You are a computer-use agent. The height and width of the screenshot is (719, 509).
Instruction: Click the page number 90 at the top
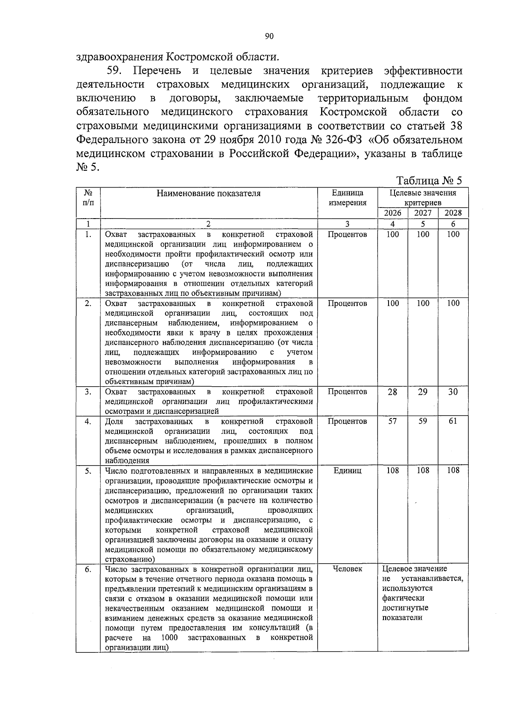coord(269,37)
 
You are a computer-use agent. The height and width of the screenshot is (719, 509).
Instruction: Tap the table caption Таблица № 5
coord(429,181)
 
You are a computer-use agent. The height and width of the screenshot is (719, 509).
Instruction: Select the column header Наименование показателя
coord(209,194)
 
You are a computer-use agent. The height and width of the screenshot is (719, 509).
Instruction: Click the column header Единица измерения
coord(347,198)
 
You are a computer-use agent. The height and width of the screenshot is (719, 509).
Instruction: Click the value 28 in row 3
coord(392,392)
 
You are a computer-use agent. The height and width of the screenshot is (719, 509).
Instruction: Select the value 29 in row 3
coord(422,392)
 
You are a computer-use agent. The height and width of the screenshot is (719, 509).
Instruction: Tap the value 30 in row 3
coord(453,392)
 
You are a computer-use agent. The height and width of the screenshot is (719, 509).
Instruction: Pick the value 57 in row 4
coord(392,421)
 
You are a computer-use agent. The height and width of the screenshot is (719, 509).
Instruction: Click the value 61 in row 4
coord(453,421)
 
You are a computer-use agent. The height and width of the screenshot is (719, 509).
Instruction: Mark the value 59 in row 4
coord(422,421)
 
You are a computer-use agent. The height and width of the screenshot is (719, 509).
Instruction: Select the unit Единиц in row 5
coord(347,470)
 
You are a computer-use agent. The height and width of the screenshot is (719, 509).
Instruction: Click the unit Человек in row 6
coord(347,569)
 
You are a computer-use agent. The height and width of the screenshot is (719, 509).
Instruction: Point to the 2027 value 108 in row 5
coord(422,470)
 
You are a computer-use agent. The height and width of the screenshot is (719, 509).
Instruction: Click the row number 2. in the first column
coord(88,303)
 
